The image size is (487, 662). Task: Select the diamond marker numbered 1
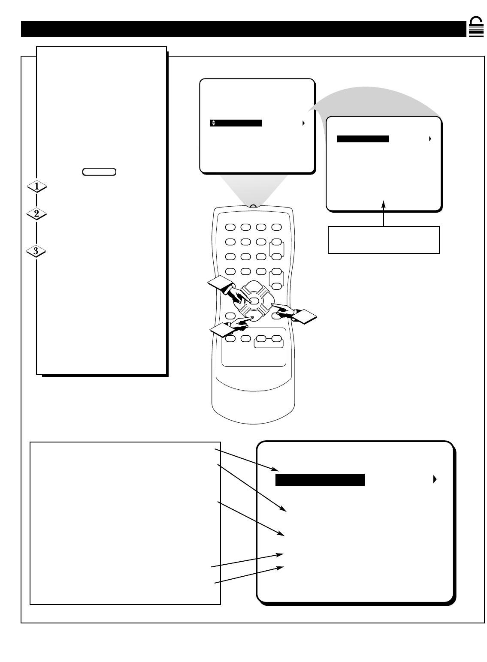[x=37, y=187]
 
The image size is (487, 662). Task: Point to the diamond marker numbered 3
[x=37, y=251]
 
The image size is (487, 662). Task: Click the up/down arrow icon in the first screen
[x=213, y=123]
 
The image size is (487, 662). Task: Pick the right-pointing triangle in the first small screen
[x=303, y=123]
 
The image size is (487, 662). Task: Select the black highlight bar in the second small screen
[x=363, y=139]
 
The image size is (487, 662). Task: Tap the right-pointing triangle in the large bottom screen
[x=435, y=479]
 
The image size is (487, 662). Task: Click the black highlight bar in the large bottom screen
[x=320, y=480]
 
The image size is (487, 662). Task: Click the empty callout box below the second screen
[x=384, y=240]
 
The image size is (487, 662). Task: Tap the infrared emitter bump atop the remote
[x=253, y=206]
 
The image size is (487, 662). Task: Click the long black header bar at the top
[x=243, y=29]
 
